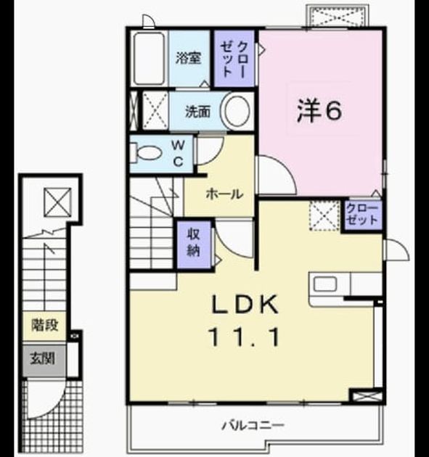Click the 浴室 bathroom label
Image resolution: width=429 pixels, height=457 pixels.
189,58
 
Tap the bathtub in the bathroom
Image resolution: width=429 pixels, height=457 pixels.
150,58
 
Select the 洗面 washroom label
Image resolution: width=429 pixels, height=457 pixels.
198,111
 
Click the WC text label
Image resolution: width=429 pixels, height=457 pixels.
178,153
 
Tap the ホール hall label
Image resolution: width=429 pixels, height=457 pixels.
224,194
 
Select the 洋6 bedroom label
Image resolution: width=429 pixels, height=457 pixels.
319,111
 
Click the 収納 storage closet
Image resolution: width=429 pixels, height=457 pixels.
194,244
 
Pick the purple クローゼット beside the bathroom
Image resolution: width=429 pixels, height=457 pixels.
234,59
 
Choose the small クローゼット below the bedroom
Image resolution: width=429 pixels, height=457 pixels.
361,215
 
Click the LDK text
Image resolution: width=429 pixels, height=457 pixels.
245,305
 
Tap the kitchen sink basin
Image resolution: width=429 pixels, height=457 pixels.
325,284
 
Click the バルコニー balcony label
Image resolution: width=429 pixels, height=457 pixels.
253,426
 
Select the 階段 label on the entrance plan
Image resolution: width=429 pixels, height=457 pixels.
44,325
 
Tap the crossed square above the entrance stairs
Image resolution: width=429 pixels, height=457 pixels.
57,202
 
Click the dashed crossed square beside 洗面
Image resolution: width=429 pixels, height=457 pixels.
155,110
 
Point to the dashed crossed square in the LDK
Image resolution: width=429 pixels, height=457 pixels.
325,215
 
